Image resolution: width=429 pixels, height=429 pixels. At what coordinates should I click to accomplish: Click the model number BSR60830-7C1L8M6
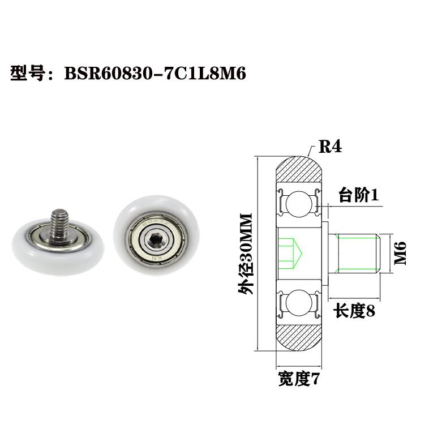(155, 73)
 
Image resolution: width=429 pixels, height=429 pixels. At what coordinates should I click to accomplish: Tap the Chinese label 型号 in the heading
(28, 73)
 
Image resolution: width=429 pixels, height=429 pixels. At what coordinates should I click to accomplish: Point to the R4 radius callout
(330, 147)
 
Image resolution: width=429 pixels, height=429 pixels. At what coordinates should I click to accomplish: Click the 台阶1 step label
(358, 196)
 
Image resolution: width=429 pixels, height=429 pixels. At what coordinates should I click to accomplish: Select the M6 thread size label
(400, 254)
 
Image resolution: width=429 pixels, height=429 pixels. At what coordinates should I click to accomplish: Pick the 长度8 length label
(355, 310)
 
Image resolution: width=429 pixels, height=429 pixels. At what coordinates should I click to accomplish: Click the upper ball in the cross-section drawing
(298, 203)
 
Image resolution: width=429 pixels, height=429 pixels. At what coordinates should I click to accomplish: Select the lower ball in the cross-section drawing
(298, 304)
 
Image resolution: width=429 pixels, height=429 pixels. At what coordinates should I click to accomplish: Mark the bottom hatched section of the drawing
(300, 338)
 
